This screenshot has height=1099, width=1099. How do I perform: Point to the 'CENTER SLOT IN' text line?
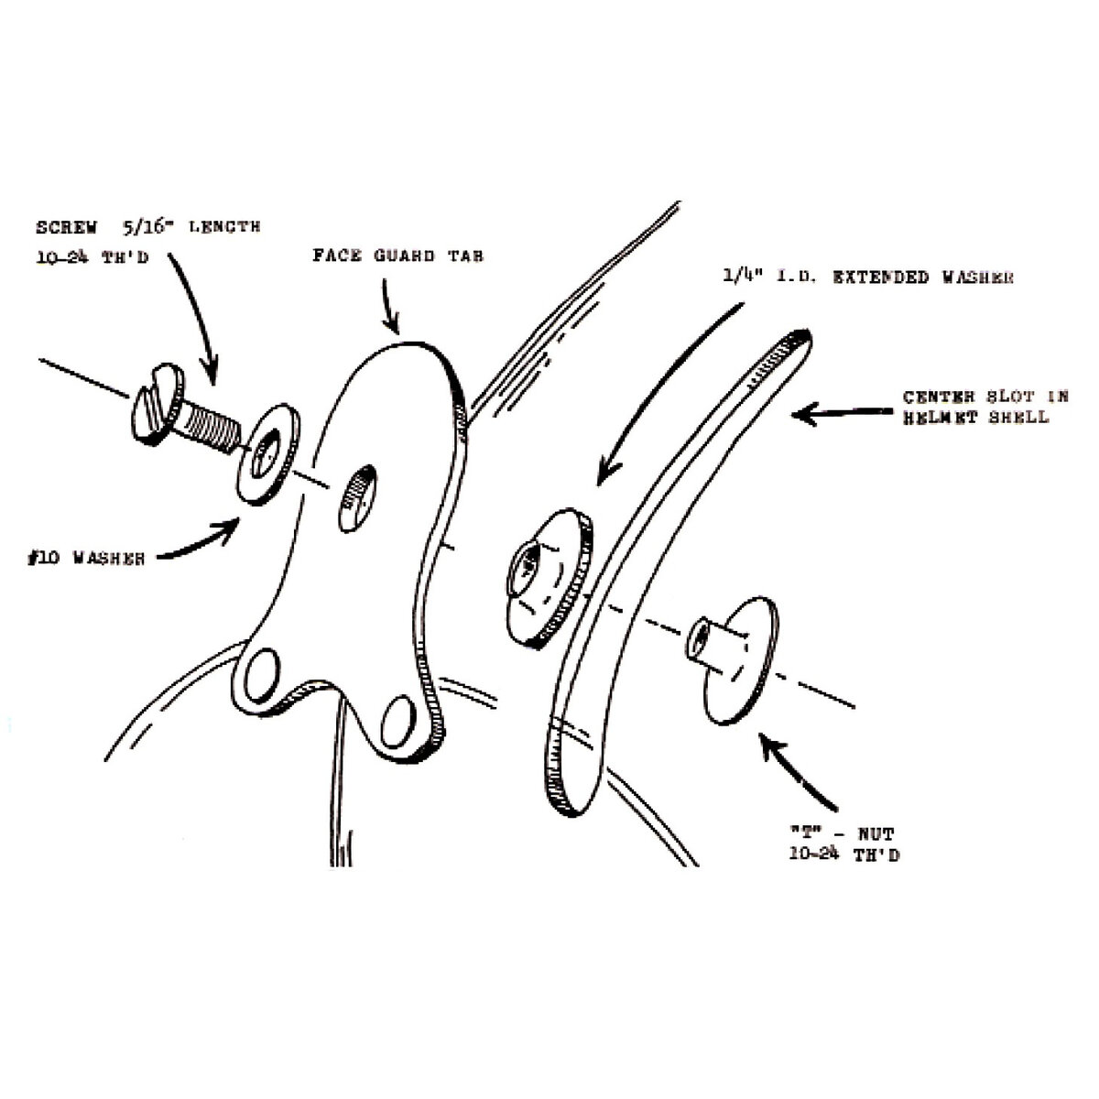click(985, 397)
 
